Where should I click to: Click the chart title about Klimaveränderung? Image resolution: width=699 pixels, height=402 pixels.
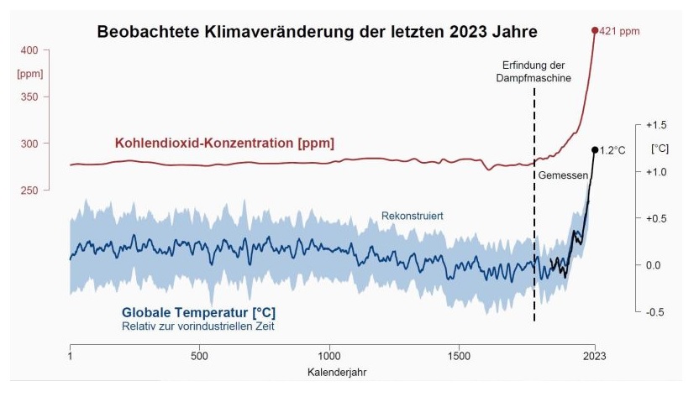(x=318, y=32)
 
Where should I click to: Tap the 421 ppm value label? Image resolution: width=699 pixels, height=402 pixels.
(x=621, y=31)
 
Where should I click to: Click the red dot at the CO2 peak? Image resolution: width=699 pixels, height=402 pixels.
(x=595, y=30)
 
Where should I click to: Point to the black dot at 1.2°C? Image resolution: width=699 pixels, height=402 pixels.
(x=595, y=150)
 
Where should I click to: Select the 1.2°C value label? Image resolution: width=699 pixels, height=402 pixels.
(x=613, y=150)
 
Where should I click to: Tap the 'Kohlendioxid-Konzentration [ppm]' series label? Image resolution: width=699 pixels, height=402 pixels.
(x=224, y=144)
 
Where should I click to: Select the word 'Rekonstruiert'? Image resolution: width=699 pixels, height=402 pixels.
(x=413, y=217)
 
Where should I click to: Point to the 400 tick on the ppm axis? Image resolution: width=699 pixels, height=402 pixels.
(x=29, y=50)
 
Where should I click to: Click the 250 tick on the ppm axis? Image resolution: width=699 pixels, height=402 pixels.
(x=29, y=191)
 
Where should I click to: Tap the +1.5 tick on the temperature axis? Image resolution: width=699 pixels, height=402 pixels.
(x=656, y=125)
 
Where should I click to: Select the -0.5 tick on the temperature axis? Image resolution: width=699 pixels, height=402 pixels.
(x=656, y=312)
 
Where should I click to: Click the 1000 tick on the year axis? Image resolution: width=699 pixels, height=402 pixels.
(x=329, y=356)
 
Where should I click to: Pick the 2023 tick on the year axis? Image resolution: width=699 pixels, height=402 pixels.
(x=594, y=356)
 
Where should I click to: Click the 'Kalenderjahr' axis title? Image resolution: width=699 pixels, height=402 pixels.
(x=332, y=371)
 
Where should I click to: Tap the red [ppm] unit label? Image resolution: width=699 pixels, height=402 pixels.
(x=29, y=74)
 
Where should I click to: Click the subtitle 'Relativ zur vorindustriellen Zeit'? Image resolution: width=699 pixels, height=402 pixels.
(x=197, y=326)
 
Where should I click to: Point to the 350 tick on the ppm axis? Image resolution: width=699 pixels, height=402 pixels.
(x=29, y=97)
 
